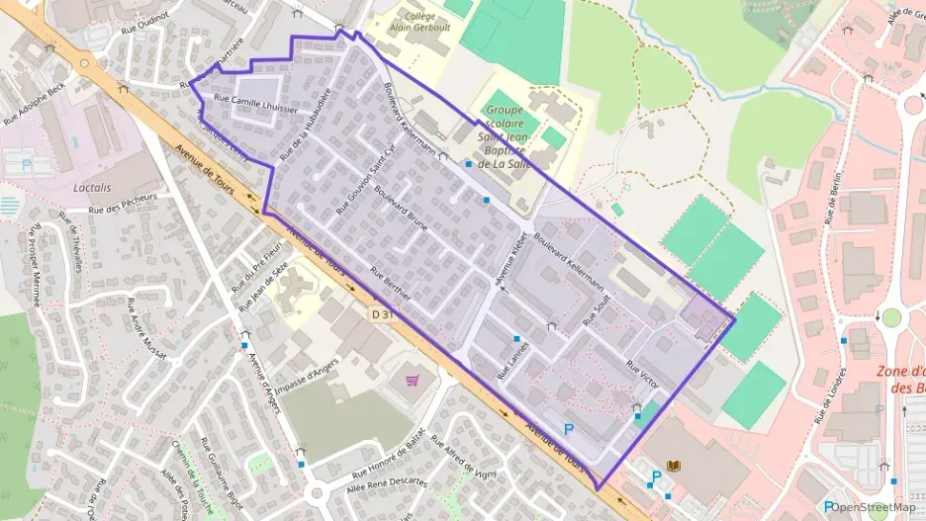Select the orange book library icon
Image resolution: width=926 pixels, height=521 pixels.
click(x=675, y=466)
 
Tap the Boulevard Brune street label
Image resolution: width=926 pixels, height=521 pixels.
click(x=401, y=211)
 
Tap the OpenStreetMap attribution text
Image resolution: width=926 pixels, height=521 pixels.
click(x=874, y=508)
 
